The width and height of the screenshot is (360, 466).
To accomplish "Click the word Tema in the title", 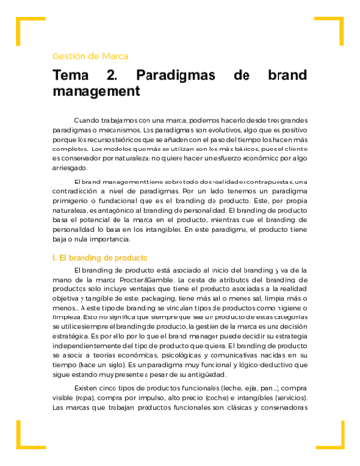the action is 72,75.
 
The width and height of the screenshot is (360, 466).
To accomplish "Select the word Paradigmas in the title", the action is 177,75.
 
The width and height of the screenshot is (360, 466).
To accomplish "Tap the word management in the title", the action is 97,91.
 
